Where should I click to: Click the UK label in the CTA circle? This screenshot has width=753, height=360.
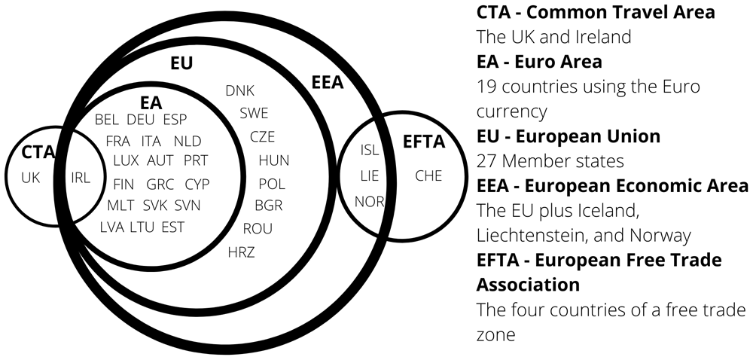31,178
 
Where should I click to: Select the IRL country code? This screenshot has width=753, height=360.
81,178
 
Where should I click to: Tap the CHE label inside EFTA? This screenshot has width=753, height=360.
428,176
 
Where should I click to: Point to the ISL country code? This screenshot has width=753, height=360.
370,150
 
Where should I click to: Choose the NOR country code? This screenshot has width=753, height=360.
369,202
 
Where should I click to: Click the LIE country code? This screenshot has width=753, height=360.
369,176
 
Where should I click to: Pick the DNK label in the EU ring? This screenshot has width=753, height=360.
239,90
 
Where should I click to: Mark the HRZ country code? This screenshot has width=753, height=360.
242,252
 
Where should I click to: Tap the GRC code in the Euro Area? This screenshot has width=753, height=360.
160,185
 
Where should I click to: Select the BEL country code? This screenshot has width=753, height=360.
107,120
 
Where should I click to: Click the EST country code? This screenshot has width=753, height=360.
173,227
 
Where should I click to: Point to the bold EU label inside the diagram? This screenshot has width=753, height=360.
181,64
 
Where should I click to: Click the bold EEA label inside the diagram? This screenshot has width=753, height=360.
328,83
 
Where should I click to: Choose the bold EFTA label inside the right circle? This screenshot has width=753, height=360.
424,142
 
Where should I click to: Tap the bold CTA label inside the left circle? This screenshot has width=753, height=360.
38,153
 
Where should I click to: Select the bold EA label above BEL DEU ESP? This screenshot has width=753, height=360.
151,103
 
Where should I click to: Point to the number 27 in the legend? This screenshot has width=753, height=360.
485,161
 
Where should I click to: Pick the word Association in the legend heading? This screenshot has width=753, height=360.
528,285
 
